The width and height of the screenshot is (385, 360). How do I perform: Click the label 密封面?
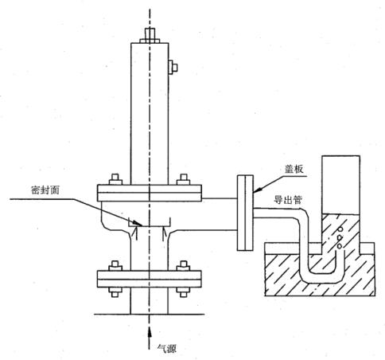(x=45, y=190)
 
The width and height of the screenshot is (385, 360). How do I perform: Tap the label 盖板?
(x=294, y=169)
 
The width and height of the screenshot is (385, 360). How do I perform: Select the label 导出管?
(x=288, y=200)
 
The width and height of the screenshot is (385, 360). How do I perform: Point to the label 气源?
(x=167, y=348)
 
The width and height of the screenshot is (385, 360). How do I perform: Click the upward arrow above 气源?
(x=150, y=337)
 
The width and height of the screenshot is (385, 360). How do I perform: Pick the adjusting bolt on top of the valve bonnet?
(x=150, y=35)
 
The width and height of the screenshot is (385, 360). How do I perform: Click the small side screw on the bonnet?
(x=173, y=67)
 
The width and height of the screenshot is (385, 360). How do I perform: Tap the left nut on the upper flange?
(x=115, y=179)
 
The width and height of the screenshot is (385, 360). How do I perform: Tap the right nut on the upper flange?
(x=184, y=179)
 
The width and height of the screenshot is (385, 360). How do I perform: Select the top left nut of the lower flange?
(x=115, y=265)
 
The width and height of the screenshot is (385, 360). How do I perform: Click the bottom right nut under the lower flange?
(x=184, y=292)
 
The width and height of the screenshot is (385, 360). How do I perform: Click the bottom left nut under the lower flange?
(x=115, y=292)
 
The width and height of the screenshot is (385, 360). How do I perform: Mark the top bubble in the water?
(x=340, y=229)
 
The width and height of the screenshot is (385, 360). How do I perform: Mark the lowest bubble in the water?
(x=340, y=246)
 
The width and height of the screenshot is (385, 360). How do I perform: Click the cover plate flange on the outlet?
(x=245, y=213)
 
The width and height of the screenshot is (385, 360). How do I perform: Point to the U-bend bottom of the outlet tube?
(x=321, y=278)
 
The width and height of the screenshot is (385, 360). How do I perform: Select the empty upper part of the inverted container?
(x=340, y=185)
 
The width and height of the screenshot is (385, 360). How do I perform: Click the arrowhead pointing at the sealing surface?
(x=138, y=223)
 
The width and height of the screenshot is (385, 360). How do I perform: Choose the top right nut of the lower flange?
(x=184, y=265)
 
